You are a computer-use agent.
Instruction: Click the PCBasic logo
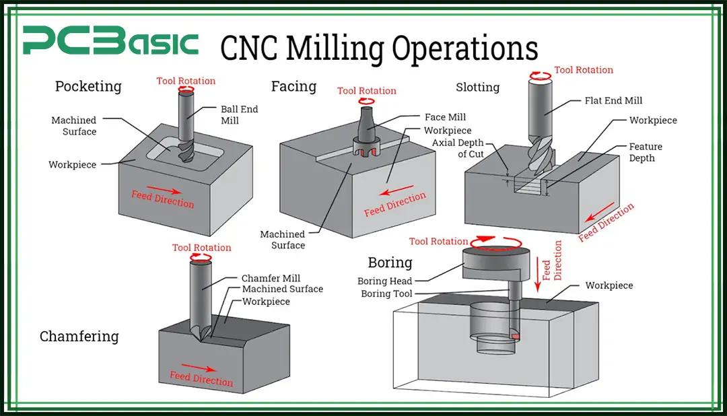coord(110,42)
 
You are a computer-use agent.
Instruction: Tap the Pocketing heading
coord(88,87)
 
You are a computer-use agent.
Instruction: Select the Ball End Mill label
coord(239,114)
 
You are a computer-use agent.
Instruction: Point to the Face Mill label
coord(445,117)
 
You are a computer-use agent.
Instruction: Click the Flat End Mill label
coord(613,101)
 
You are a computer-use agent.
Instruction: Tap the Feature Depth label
coord(646,152)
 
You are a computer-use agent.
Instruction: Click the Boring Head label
coord(385,281)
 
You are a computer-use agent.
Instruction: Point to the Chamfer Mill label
coord(271,278)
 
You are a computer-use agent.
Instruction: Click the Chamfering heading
coord(79,337)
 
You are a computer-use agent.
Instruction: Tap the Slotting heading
coord(477,88)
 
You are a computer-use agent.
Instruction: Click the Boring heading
coord(390,262)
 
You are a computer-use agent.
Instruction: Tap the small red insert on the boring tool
coord(515,336)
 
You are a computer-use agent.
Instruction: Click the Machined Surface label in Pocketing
coord(74,126)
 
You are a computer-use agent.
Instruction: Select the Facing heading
coord(293,86)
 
